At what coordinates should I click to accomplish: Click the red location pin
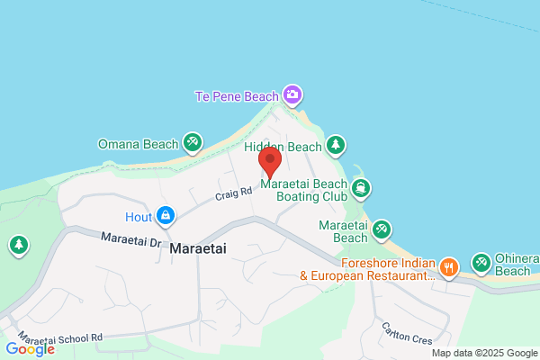[271, 162]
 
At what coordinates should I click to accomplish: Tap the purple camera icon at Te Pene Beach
[292, 94]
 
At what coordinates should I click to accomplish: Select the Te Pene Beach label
[237, 95]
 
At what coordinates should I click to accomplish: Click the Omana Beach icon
[192, 142]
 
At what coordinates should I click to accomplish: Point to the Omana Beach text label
[138, 143]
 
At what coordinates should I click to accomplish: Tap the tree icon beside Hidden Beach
[336, 145]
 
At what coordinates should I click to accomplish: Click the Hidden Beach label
[282, 147]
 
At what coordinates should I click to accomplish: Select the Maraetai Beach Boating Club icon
[360, 187]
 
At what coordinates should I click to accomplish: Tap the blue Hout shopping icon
[165, 216]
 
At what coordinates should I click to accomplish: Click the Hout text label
[138, 217]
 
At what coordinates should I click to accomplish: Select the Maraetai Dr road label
[130, 241]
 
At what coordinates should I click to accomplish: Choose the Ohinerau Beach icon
[481, 262]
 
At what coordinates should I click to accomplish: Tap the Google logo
[30, 348]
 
